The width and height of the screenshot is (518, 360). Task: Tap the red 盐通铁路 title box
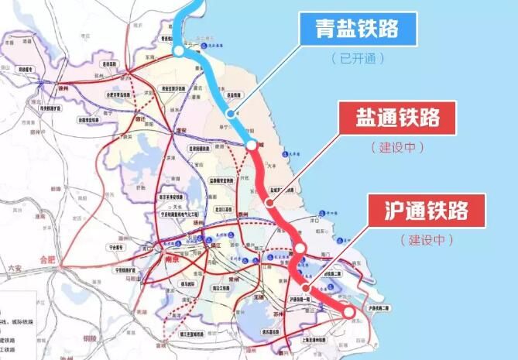pyautogui.click(x=398, y=118)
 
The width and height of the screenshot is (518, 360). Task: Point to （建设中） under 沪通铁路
pyautogui.click(x=426, y=240)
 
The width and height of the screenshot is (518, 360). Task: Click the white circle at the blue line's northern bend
pyautogui.click(x=179, y=51)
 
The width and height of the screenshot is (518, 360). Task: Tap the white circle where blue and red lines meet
pyautogui.click(x=252, y=146)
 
